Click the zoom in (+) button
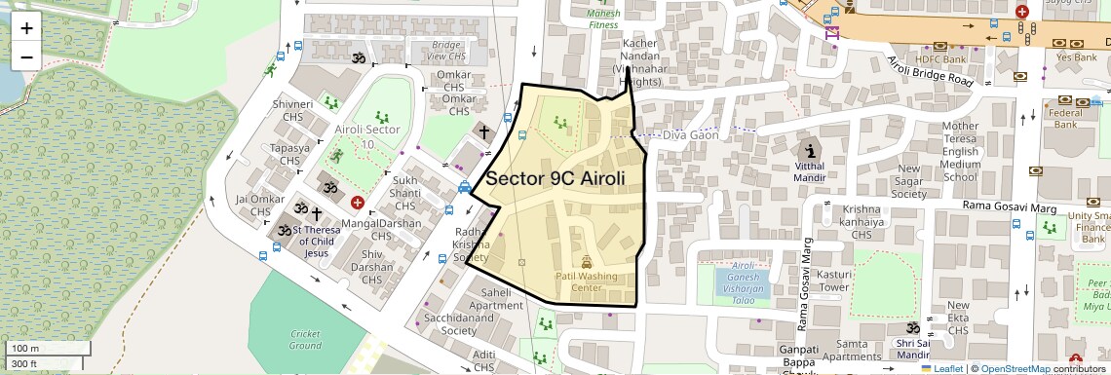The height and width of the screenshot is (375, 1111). pos(26,27)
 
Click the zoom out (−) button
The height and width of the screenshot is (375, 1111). pos(26,56)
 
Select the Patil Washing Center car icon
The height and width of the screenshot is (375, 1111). pos(587,261)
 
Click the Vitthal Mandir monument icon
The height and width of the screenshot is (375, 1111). pos(810,151)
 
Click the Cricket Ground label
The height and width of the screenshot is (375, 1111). pos(305,340)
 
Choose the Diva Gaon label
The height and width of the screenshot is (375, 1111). pos(690,135)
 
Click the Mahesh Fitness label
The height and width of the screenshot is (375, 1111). pos(603,19)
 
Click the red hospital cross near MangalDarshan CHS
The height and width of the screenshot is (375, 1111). pos(358,203)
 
